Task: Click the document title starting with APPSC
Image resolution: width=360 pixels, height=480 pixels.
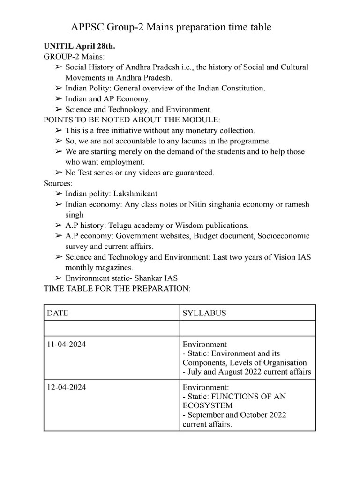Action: point(171,28)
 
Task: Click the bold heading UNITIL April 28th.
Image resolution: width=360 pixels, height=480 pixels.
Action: point(79,47)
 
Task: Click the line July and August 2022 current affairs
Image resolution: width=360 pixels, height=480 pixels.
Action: point(247,372)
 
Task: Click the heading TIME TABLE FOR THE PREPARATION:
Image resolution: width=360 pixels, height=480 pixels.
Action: point(117,288)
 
